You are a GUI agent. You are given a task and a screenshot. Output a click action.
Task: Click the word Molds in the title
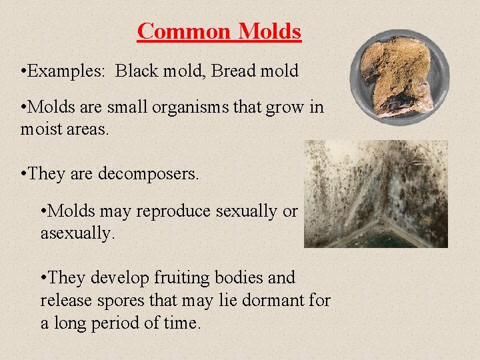[269, 31]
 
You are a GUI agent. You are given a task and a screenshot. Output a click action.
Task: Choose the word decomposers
[149, 174]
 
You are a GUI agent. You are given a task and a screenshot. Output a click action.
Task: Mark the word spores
[111, 301]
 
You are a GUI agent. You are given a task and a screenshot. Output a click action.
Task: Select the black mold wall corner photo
[376, 193]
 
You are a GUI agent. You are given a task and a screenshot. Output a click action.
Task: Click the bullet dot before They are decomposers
[24, 174]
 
